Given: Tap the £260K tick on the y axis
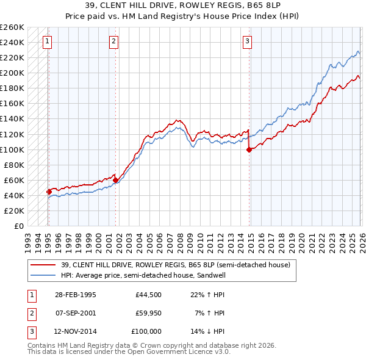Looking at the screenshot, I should [12, 27].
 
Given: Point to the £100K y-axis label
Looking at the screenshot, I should [12, 149].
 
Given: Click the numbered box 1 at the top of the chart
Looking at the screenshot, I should [48, 41].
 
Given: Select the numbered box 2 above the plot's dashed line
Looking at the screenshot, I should [114, 41].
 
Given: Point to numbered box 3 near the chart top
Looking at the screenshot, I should [247, 41].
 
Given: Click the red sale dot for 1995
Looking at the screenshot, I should [49, 192].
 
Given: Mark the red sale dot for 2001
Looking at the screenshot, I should [115, 180].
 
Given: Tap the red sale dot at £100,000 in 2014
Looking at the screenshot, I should [249, 149].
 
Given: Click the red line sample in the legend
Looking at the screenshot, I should [44, 265].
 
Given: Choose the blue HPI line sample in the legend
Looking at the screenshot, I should [44, 275].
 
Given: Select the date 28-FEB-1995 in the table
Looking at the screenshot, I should [75, 295].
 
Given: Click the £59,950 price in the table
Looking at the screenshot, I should [148, 313].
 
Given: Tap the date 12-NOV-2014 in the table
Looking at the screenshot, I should [75, 331].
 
